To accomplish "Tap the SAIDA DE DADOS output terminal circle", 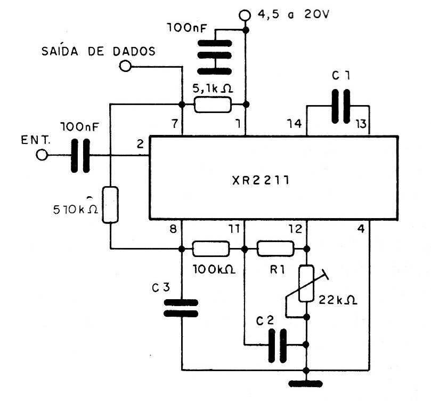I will (126, 67).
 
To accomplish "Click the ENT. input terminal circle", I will (42, 155).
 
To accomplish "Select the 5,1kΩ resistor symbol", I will (213, 105).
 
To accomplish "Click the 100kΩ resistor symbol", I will (211, 249).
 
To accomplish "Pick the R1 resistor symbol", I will (275, 249).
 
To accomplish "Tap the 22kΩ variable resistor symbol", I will (307, 282).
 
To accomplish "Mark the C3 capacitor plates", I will (181, 308).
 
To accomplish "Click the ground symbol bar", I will (307, 383).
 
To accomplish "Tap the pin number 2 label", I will (140, 144).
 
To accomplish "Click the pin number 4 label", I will (362, 231).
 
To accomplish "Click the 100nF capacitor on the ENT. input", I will (80, 155).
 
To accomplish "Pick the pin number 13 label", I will (361, 125).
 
